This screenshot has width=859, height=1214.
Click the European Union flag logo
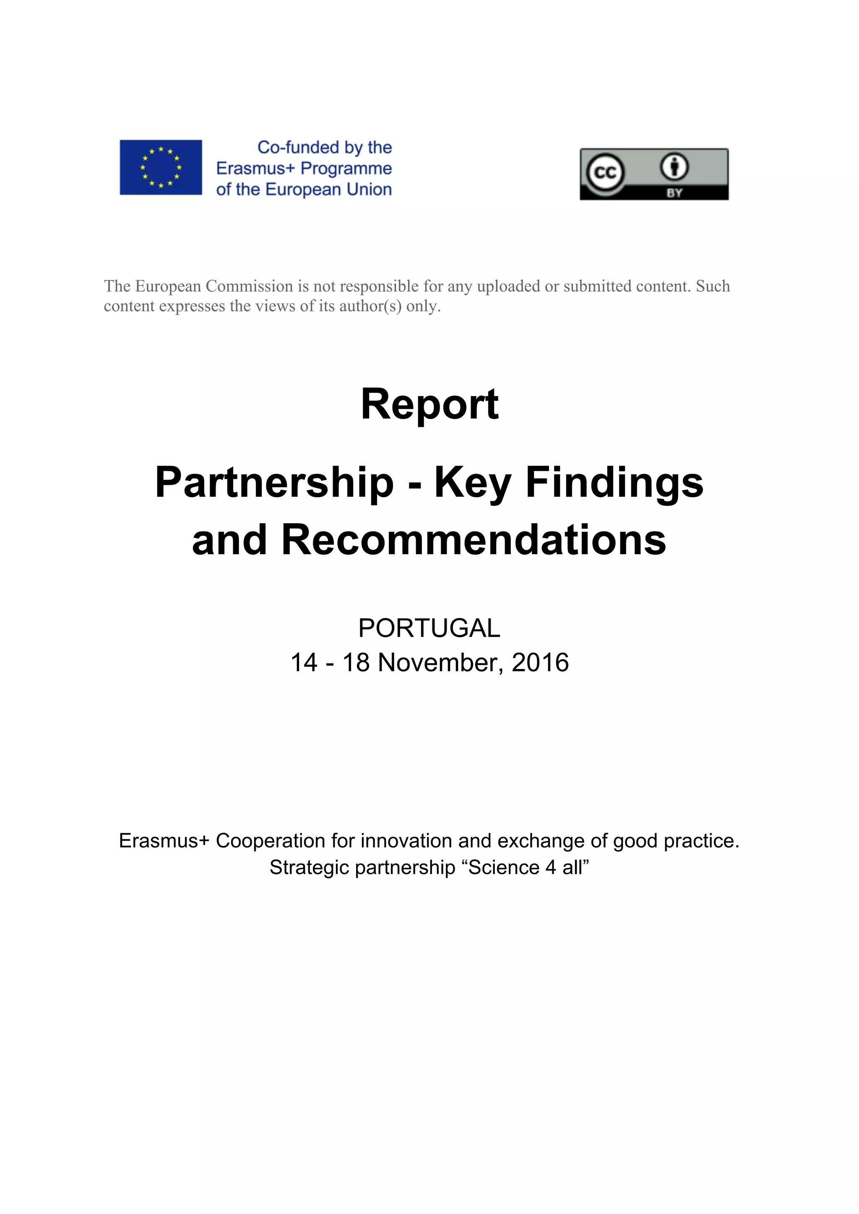click(x=160, y=167)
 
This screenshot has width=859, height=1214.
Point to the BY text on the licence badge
click(x=674, y=193)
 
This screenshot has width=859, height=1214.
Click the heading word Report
click(x=429, y=404)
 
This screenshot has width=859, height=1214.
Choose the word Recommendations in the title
click(x=474, y=540)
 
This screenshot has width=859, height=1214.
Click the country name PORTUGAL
click(x=429, y=628)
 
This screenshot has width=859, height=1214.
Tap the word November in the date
click(x=440, y=662)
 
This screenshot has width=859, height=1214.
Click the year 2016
click(x=540, y=662)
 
